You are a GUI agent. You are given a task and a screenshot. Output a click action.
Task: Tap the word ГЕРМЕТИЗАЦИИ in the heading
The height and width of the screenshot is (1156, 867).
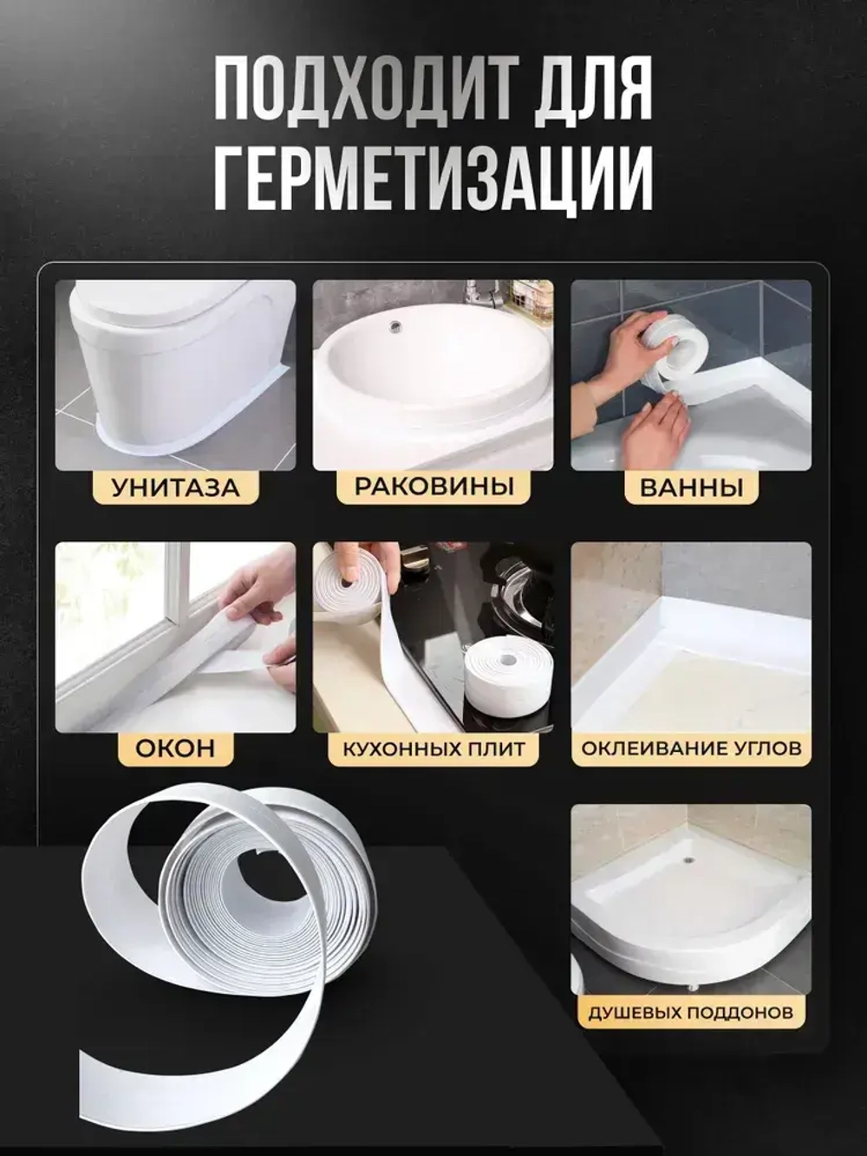tap(433, 177)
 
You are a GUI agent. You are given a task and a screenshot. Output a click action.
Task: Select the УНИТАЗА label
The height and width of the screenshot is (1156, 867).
tap(174, 487)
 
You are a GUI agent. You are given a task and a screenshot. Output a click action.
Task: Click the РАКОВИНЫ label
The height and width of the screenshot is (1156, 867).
tap(433, 486)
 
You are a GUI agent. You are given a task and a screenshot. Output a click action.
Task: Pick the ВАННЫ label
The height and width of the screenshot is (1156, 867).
tap(691, 487)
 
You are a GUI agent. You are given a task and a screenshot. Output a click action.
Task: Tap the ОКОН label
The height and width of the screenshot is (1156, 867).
tap(174, 748)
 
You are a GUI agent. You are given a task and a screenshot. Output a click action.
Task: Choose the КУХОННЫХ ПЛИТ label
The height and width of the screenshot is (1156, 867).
tap(433, 748)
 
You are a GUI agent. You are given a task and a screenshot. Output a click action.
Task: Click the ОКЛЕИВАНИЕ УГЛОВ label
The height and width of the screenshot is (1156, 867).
tap(691, 748)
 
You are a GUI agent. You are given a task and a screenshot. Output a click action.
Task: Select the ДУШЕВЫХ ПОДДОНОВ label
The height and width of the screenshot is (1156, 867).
tap(691, 1012)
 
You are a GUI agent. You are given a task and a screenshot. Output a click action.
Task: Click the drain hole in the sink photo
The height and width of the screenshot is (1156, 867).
tap(396, 327)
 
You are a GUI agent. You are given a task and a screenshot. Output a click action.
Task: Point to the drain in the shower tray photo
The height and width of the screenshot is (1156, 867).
tap(688, 860)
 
